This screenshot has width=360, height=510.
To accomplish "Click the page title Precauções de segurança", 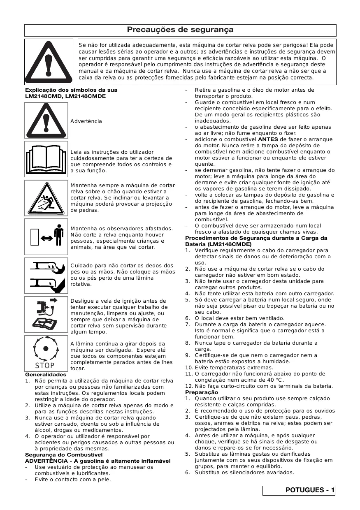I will tap(180, 30).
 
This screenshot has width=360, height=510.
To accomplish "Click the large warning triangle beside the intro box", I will tap(49, 61).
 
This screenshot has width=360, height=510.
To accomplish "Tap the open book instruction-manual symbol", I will tap(46, 158).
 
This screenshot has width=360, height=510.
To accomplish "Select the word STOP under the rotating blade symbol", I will tap(45, 366).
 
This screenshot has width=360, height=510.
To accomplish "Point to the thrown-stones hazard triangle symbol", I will tap(46, 198).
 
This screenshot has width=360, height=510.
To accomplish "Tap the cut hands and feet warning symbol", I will tap(46, 274).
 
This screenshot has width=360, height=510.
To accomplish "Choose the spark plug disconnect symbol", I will tap(46, 313).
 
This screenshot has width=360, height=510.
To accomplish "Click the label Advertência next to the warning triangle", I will tap(86, 121).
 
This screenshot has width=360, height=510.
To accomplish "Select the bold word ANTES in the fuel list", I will tap(268, 139).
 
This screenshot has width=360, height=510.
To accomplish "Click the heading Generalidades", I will tap(46, 375).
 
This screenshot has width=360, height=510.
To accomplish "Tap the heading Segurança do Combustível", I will tap(64, 455).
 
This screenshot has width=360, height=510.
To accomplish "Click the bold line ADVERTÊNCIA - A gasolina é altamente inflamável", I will tap(98, 461).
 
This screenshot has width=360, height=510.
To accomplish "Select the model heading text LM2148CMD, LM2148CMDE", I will tap(65, 96).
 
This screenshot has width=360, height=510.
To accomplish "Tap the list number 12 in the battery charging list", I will tap(189, 386).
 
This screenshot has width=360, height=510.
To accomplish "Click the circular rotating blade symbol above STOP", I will tap(45, 349).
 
